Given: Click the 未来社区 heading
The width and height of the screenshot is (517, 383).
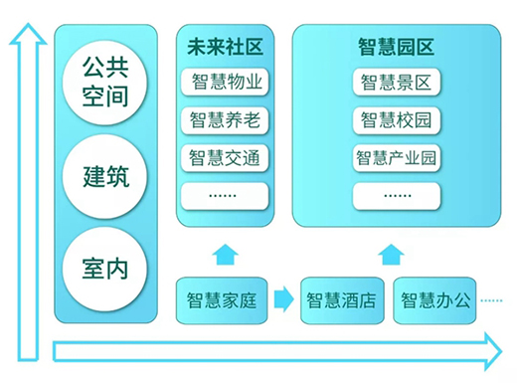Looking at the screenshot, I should (x=225, y=46).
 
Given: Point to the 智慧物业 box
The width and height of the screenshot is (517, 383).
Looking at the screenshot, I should (x=226, y=83).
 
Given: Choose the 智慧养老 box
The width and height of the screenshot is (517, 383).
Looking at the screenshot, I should (x=226, y=120).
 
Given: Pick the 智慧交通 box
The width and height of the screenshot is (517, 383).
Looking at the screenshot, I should (x=226, y=157).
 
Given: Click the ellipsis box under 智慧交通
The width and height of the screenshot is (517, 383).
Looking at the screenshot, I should (x=226, y=194).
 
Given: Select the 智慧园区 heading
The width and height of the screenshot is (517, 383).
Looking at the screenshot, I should (x=397, y=46).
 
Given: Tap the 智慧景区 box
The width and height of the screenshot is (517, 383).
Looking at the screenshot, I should (x=396, y=83).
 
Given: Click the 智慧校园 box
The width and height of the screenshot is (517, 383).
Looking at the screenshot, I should (x=396, y=120).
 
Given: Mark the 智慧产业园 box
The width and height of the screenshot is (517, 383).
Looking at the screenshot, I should (x=396, y=157).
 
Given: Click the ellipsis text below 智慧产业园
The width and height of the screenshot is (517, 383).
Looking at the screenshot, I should (x=396, y=193).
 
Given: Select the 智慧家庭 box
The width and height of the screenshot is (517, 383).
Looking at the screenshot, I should (x=222, y=299).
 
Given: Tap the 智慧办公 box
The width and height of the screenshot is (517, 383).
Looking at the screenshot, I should (x=436, y=299).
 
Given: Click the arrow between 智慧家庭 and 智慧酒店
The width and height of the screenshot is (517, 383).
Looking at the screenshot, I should (x=282, y=298).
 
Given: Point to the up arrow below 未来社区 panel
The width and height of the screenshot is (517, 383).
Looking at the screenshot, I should (x=226, y=253).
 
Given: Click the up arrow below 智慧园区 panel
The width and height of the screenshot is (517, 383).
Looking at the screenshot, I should (x=396, y=253).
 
